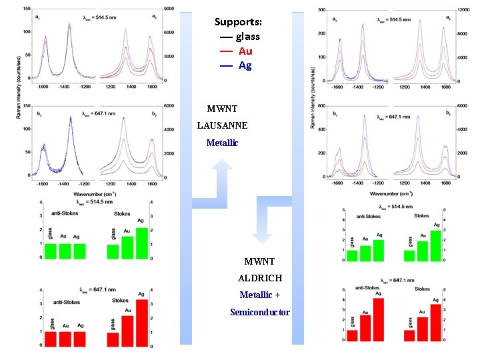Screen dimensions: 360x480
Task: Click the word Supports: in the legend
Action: (x=238, y=21)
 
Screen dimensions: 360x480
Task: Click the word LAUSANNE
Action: (x=223, y=125)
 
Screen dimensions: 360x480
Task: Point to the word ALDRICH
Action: (x=260, y=277)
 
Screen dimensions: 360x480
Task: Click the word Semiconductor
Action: (x=260, y=312)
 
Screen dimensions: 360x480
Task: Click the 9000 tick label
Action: (x=169, y=9)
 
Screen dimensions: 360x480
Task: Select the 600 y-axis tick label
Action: (x=321, y=105)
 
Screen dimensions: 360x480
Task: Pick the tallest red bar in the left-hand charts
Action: (x=141, y=323)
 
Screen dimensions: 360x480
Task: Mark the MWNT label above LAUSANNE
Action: (x=222, y=109)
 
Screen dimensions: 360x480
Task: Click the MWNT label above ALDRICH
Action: (x=260, y=261)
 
